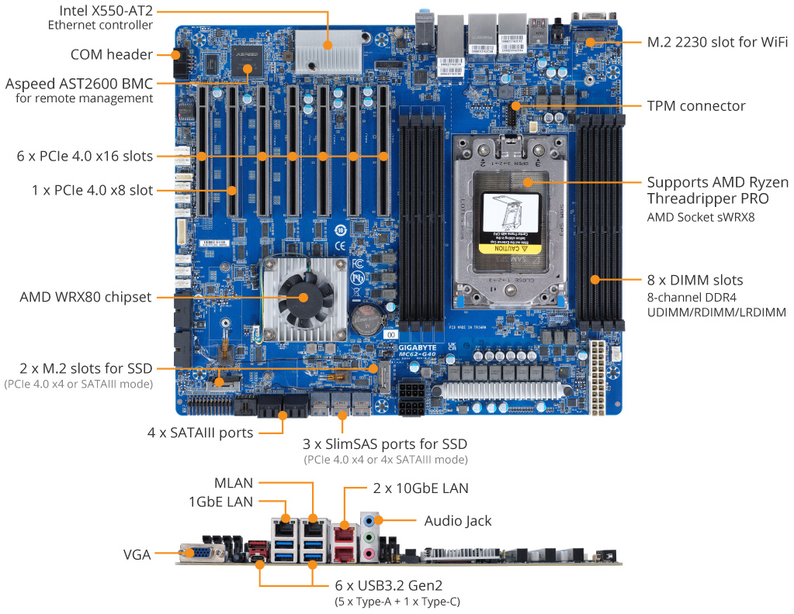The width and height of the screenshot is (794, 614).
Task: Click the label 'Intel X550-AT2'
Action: [100, 11]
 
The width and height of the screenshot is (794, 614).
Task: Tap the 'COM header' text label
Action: [111, 54]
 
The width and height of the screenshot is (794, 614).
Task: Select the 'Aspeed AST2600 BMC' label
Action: [79, 84]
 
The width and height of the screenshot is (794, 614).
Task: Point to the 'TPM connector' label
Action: [695, 105]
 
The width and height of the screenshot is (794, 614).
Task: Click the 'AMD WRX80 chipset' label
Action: [85, 296]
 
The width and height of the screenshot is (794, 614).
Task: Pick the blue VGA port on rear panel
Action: [200, 553]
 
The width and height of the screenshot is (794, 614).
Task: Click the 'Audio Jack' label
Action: [457, 520]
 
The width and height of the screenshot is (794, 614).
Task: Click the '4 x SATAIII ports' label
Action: [200, 433]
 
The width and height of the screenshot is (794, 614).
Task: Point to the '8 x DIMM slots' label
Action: [695, 280]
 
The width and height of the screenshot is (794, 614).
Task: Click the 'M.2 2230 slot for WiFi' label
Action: [717, 41]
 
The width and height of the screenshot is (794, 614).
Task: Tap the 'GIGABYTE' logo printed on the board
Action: [416, 348]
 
